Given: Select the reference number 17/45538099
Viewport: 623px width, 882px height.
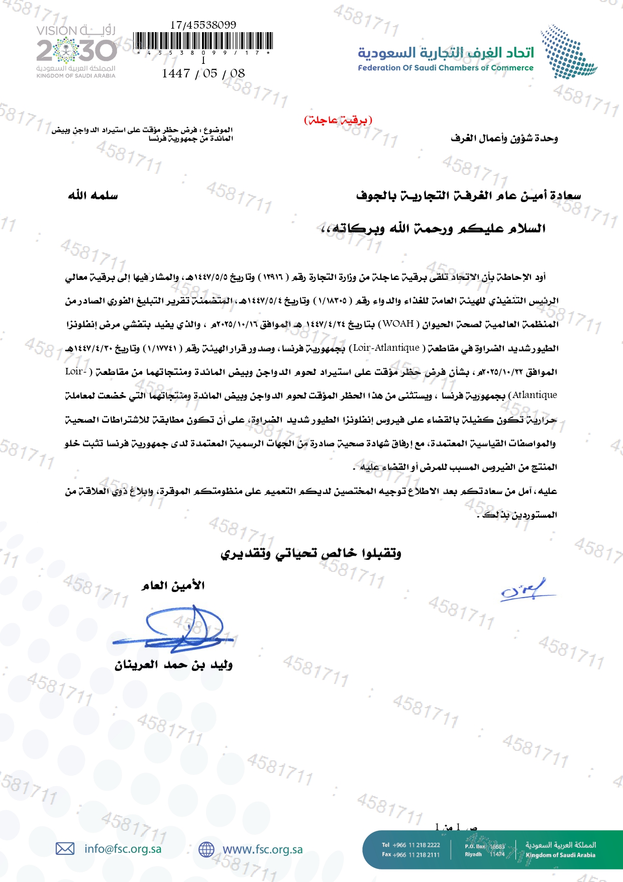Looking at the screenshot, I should click(203, 25).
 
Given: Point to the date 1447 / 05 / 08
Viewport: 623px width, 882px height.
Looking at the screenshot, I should click(203, 73).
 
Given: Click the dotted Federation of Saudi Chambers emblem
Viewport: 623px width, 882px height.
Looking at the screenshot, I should click(568, 52).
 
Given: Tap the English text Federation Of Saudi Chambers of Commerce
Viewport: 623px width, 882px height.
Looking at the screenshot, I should click(445, 68).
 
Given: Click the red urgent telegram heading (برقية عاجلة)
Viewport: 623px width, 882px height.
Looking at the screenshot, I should click(338, 120).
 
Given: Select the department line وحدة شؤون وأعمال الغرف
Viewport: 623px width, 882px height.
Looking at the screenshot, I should click(504, 138).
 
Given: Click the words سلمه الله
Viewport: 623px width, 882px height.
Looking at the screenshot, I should click(93, 195).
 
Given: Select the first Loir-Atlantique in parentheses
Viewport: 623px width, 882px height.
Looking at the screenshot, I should click(386, 348).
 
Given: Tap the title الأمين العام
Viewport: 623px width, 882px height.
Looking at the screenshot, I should click(173, 585).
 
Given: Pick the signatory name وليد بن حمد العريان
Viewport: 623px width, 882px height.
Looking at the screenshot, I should click(173, 665).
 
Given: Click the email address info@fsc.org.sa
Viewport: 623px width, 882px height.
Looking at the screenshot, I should click(123, 849).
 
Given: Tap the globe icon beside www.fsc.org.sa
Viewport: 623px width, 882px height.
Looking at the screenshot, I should click(206, 849).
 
